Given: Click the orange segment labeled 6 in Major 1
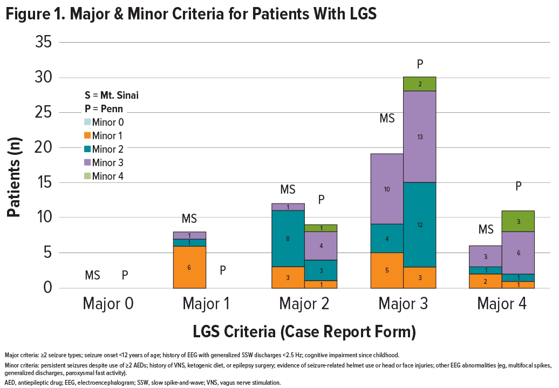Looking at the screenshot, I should point(189,267).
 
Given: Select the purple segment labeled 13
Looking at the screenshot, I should point(420,137).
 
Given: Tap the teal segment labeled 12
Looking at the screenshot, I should point(420,224).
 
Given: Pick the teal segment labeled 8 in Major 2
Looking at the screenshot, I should point(288,239).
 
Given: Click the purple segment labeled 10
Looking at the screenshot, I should point(387,189).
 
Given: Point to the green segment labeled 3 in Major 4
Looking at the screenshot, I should point(519,221).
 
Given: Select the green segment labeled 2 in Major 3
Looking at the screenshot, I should point(420,84).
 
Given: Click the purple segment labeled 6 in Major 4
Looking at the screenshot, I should point(519,253).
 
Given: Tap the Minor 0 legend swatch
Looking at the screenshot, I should point(87,122).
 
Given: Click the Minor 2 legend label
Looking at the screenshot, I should point(108,149).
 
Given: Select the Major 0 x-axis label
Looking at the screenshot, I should point(108,304).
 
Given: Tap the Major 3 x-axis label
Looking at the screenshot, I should point(404,304).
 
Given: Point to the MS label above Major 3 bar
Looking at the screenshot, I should point(387,119).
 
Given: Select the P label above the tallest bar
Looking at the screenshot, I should point(420,65).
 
